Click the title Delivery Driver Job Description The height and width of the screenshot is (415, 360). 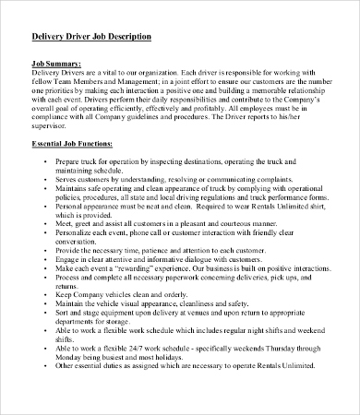[92, 36]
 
